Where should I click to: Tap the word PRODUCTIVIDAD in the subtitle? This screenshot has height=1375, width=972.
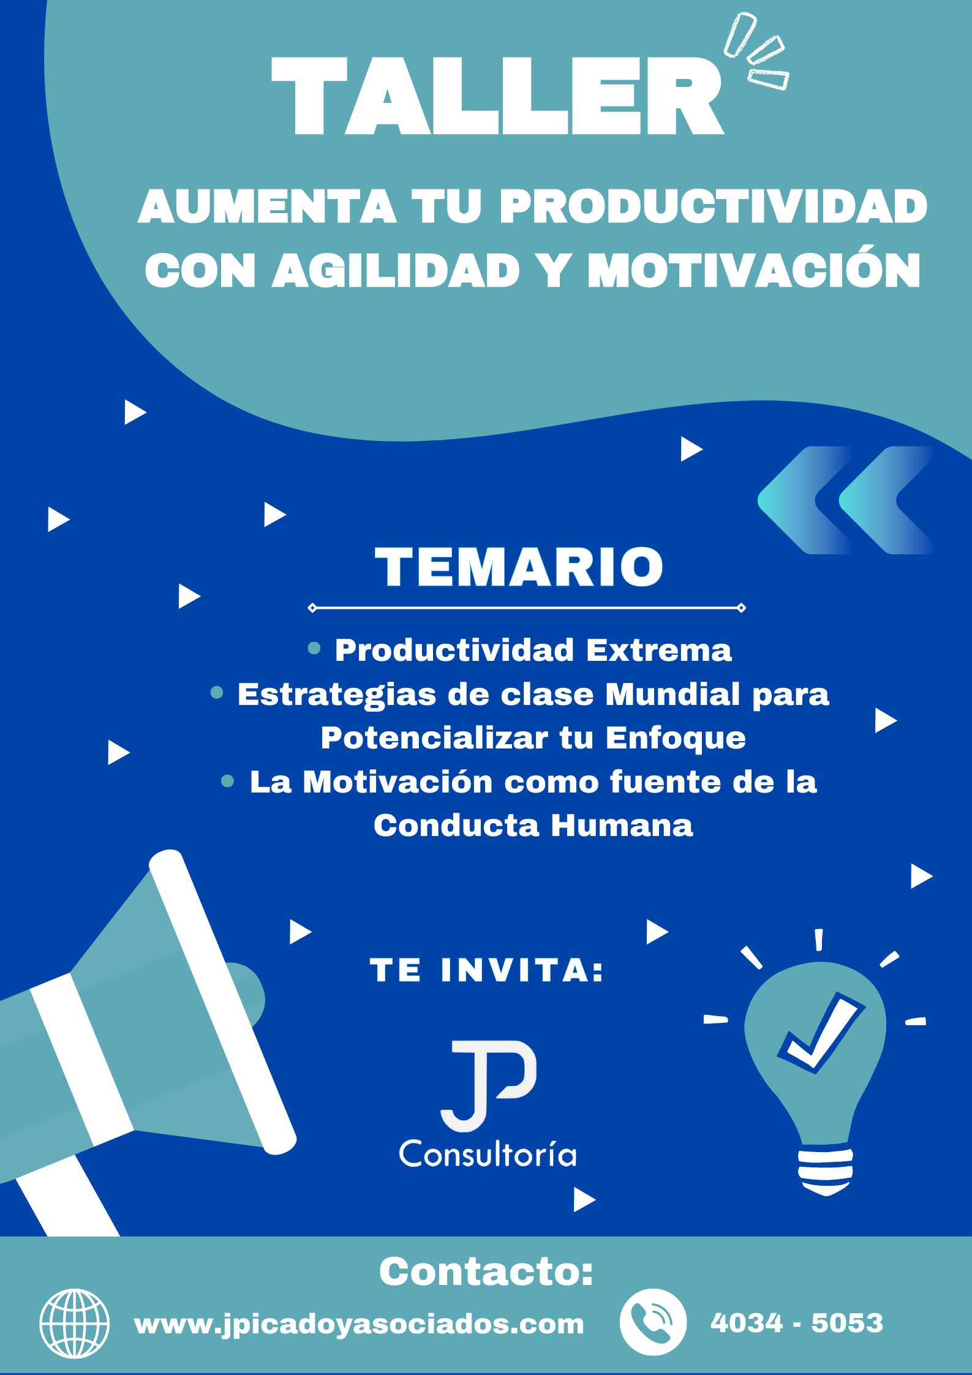(x=714, y=206)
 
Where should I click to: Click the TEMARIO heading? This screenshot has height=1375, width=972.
(x=519, y=567)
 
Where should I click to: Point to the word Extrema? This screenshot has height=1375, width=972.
(x=659, y=650)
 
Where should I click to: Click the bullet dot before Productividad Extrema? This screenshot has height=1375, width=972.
(x=314, y=648)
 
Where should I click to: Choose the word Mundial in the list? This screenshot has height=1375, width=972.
(x=673, y=694)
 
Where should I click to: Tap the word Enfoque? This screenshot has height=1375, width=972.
(x=676, y=739)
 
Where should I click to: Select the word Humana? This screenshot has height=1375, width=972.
(x=622, y=826)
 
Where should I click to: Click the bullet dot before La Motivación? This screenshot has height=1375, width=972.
(x=227, y=781)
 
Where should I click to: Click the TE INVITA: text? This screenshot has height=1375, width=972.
(x=486, y=971)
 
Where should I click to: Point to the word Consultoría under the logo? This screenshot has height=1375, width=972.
(x=488, y=1155)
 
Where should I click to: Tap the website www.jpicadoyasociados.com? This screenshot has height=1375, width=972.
(x=359, y=1325)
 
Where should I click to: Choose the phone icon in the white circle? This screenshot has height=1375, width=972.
(x=653, y=1322)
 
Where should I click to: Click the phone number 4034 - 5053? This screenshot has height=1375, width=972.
(x=797, y=1323)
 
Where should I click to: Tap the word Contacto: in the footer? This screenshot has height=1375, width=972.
(x=486, y=1271)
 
